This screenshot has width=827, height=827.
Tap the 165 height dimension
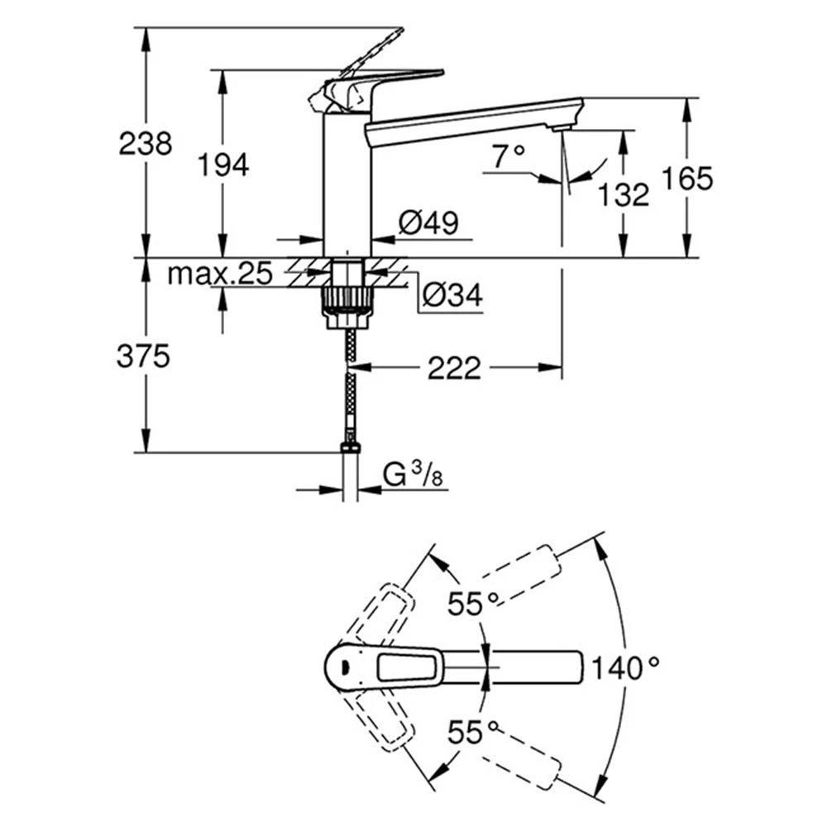(686, 178)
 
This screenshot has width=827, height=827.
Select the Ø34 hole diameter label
(452, 294)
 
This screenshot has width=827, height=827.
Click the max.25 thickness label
(219, 274)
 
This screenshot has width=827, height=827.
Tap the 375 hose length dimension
(146, 356)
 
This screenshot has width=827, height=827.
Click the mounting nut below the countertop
(347, 297)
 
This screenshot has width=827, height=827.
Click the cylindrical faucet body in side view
(347, 186)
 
